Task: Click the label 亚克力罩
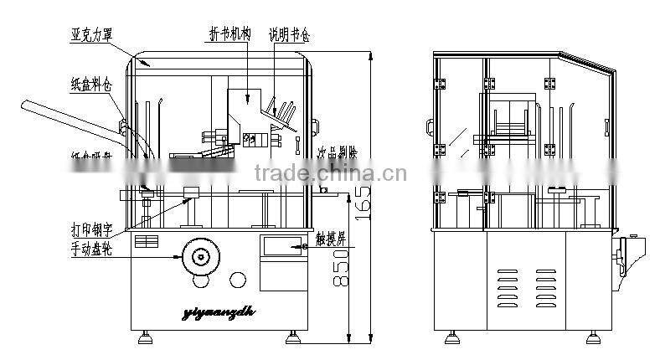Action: click(92, 33)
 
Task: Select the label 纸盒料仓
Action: click(92, 84)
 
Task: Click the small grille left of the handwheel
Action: click(147, 241)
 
